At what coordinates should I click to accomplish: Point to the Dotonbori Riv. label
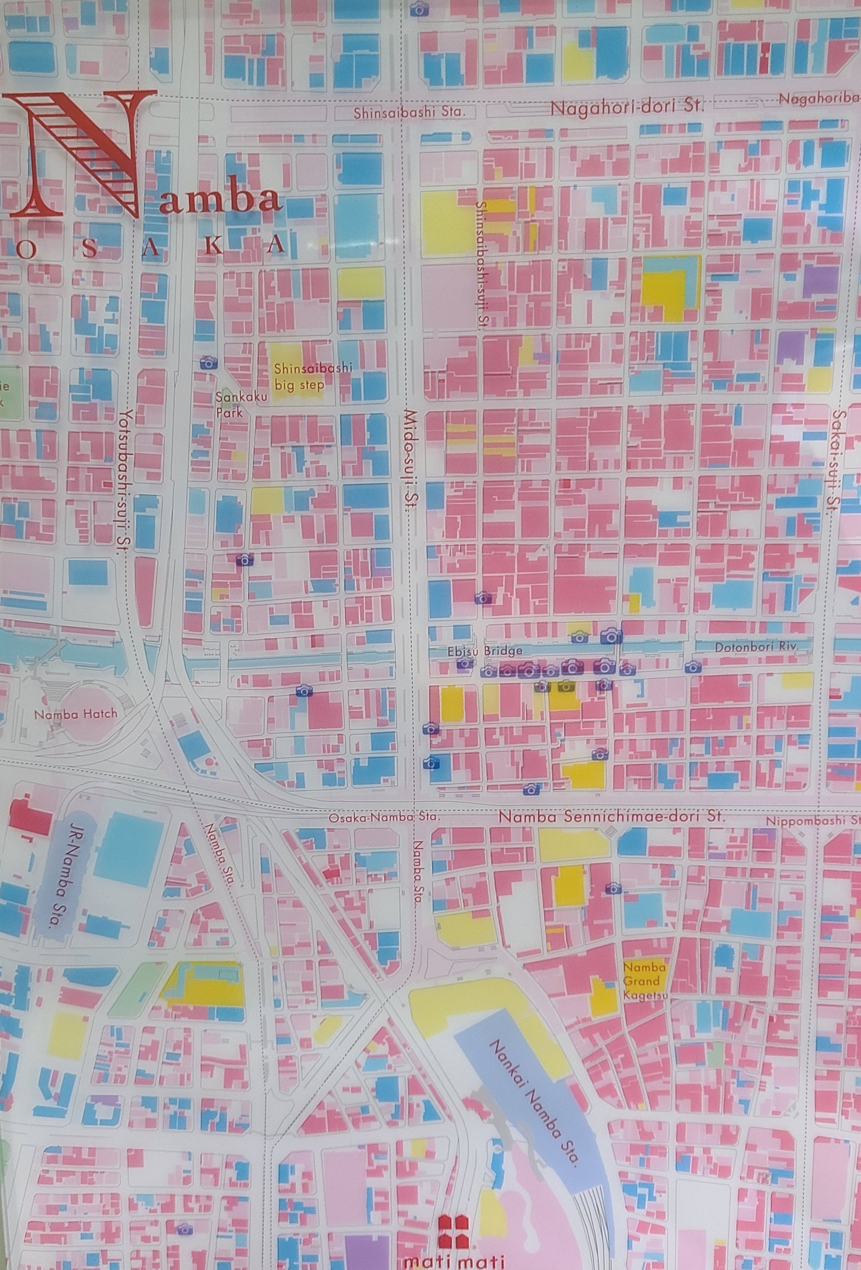757,646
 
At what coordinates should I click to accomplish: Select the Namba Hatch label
75,714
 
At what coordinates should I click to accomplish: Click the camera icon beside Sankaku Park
208,361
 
